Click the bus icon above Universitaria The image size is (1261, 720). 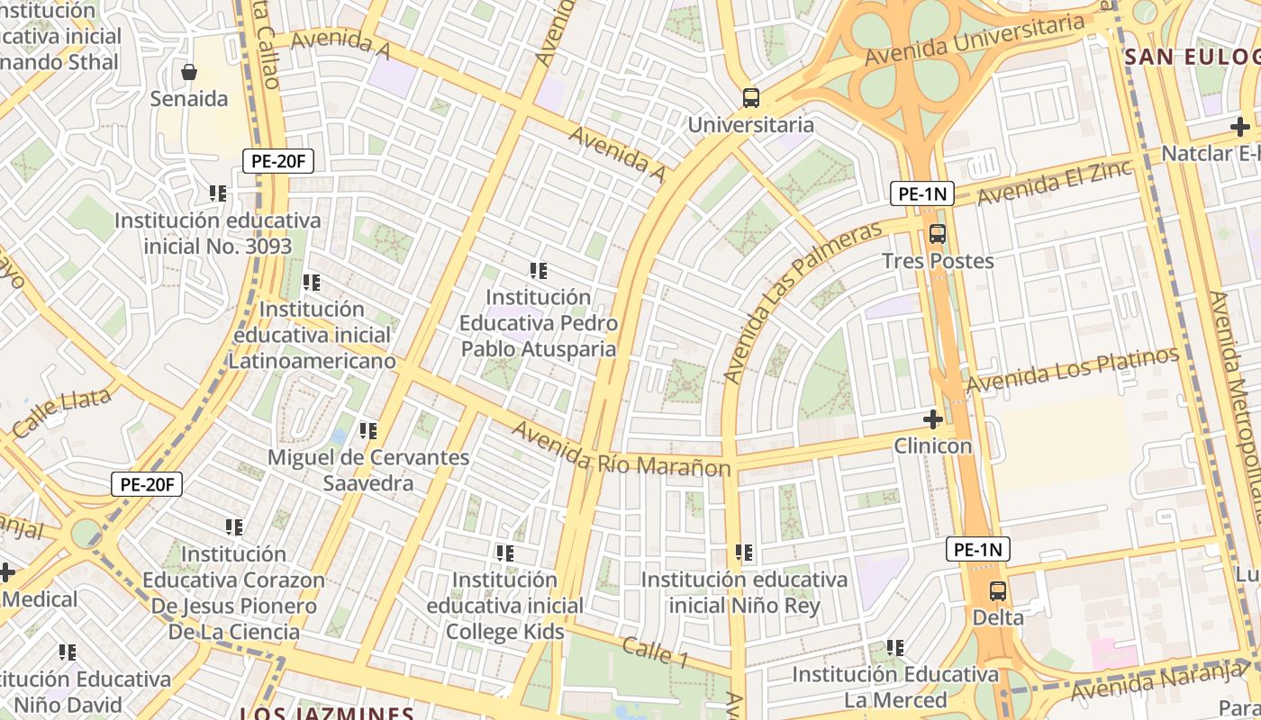click(x=750, y=98)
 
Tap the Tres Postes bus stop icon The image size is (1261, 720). click(x=938, y=234)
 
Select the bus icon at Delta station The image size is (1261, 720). click(x=998, y=591)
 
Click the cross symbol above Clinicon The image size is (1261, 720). click(x=933, y=419)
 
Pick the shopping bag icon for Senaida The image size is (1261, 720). click(x=189, y=72)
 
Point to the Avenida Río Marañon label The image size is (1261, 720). click(x=621, y=450)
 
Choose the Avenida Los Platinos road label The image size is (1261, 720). click(x=1072, y=370)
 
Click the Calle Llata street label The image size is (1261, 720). click(x=62, y=412)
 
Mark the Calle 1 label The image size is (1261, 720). click(x=655, y=652)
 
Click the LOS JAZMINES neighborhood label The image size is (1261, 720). click(x=326, y=713)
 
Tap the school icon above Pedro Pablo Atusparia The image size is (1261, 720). click(x=539, y=271)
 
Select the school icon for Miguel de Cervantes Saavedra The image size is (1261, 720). click(x=367, y=431)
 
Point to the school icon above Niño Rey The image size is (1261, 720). click(x=744, y=553)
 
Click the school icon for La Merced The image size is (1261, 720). click(x=895, y=648)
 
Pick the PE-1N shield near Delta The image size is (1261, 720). click(x=978, y=549)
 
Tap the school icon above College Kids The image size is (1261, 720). click(x=504, y=553)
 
